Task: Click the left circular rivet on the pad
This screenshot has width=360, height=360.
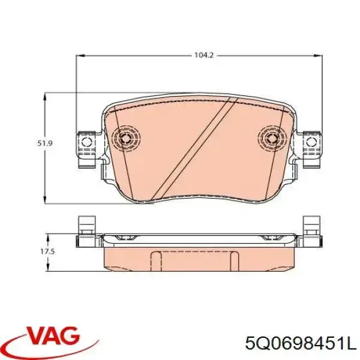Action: (x=127, y=138)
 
